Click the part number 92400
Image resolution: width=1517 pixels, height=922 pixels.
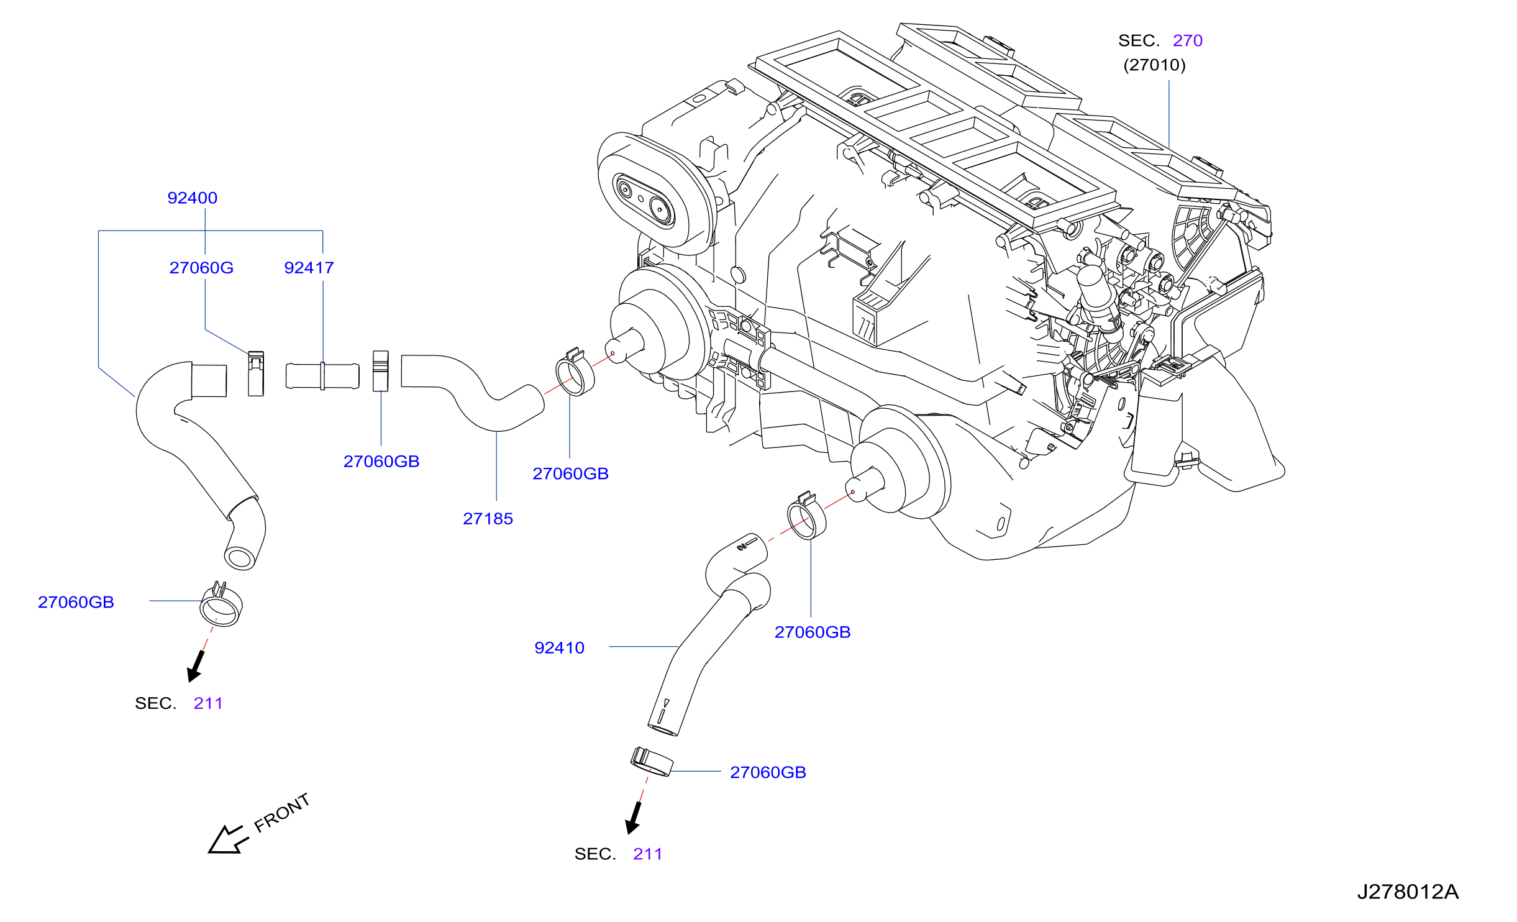click(x=193, y=198)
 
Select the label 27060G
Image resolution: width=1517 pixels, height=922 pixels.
click(x=201, y=268)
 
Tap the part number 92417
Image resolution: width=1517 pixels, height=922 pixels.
click(x=309, y=268)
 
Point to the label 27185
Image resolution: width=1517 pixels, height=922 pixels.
click(x=488, y=519)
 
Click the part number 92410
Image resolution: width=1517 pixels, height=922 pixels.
click(x=559, y=648)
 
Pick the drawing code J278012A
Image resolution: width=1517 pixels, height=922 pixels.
click(x=1408, y=892)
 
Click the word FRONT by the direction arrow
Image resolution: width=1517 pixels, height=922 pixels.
click(x=282, y=813)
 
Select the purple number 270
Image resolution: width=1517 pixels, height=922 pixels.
click(x=1188, y=40)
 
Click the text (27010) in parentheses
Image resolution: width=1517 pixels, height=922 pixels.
click(x=1154, y=65)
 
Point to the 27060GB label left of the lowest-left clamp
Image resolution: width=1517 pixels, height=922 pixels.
click(x=76, y=602)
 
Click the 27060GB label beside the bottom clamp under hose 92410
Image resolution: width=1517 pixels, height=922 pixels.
click(x=768, y=772)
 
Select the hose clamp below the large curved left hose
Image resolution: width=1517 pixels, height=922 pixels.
click(x=221, y=605)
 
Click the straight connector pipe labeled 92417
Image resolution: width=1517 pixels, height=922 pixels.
click(x=322, y=376)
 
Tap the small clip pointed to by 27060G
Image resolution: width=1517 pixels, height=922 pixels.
click(x=256, y=373)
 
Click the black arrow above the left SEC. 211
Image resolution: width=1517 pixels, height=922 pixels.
click(x=196, y=666)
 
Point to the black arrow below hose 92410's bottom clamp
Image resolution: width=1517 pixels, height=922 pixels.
click(x=634, y=818)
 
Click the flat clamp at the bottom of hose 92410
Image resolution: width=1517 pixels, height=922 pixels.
click(x=652, y=762)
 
